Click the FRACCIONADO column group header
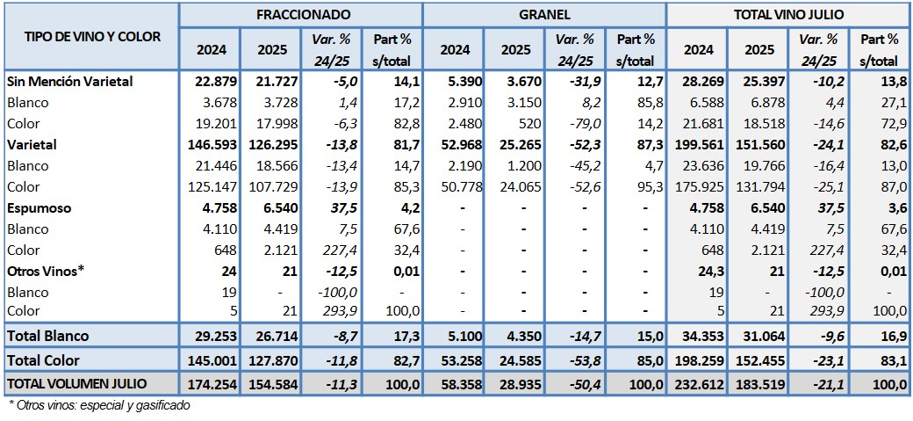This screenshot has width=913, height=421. [304, 15]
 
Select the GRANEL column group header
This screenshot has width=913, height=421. [544, 15]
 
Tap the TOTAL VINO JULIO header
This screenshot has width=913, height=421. [787, 15]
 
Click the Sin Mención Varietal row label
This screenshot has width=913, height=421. [69, 82]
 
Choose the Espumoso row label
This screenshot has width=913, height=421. [40, 208]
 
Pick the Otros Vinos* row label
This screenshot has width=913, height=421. [45, 271]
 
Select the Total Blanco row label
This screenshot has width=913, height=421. [47, 336]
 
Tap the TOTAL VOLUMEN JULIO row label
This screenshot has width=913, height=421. [77, 383]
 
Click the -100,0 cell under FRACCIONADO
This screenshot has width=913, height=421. [334, 292]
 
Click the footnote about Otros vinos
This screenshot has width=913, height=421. [98, 405]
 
